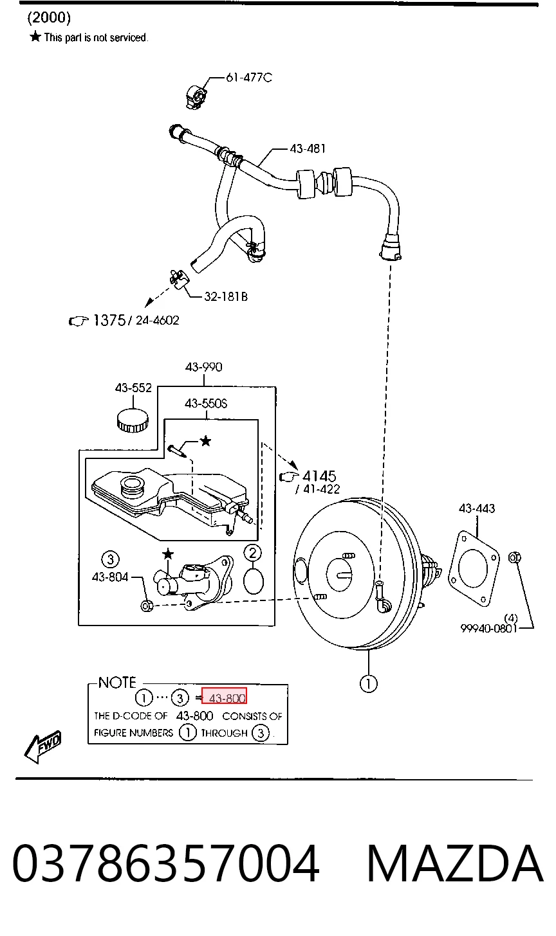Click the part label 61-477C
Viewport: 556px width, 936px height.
[249, 78]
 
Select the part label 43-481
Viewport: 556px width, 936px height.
[308, 148]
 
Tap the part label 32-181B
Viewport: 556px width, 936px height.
[226, 297]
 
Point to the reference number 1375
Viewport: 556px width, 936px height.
[109, 321]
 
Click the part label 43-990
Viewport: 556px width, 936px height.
[204, 367]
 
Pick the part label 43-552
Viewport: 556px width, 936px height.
[133, 388]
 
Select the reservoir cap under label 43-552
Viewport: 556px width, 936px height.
[133, 420]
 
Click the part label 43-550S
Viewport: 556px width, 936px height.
[206, 403]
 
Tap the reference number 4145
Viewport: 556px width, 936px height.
[319, 476]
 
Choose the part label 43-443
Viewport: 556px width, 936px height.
[477, 509]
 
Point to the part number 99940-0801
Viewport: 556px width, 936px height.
[488, 629]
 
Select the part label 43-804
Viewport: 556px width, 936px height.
[110, 577]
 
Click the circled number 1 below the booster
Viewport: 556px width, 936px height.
[369, 684]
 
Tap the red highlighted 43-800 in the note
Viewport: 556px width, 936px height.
[224, 698]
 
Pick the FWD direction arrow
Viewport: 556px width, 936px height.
[42, 747]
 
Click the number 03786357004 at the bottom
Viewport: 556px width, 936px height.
[165, 864]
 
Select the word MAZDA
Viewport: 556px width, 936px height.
[455, 864]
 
